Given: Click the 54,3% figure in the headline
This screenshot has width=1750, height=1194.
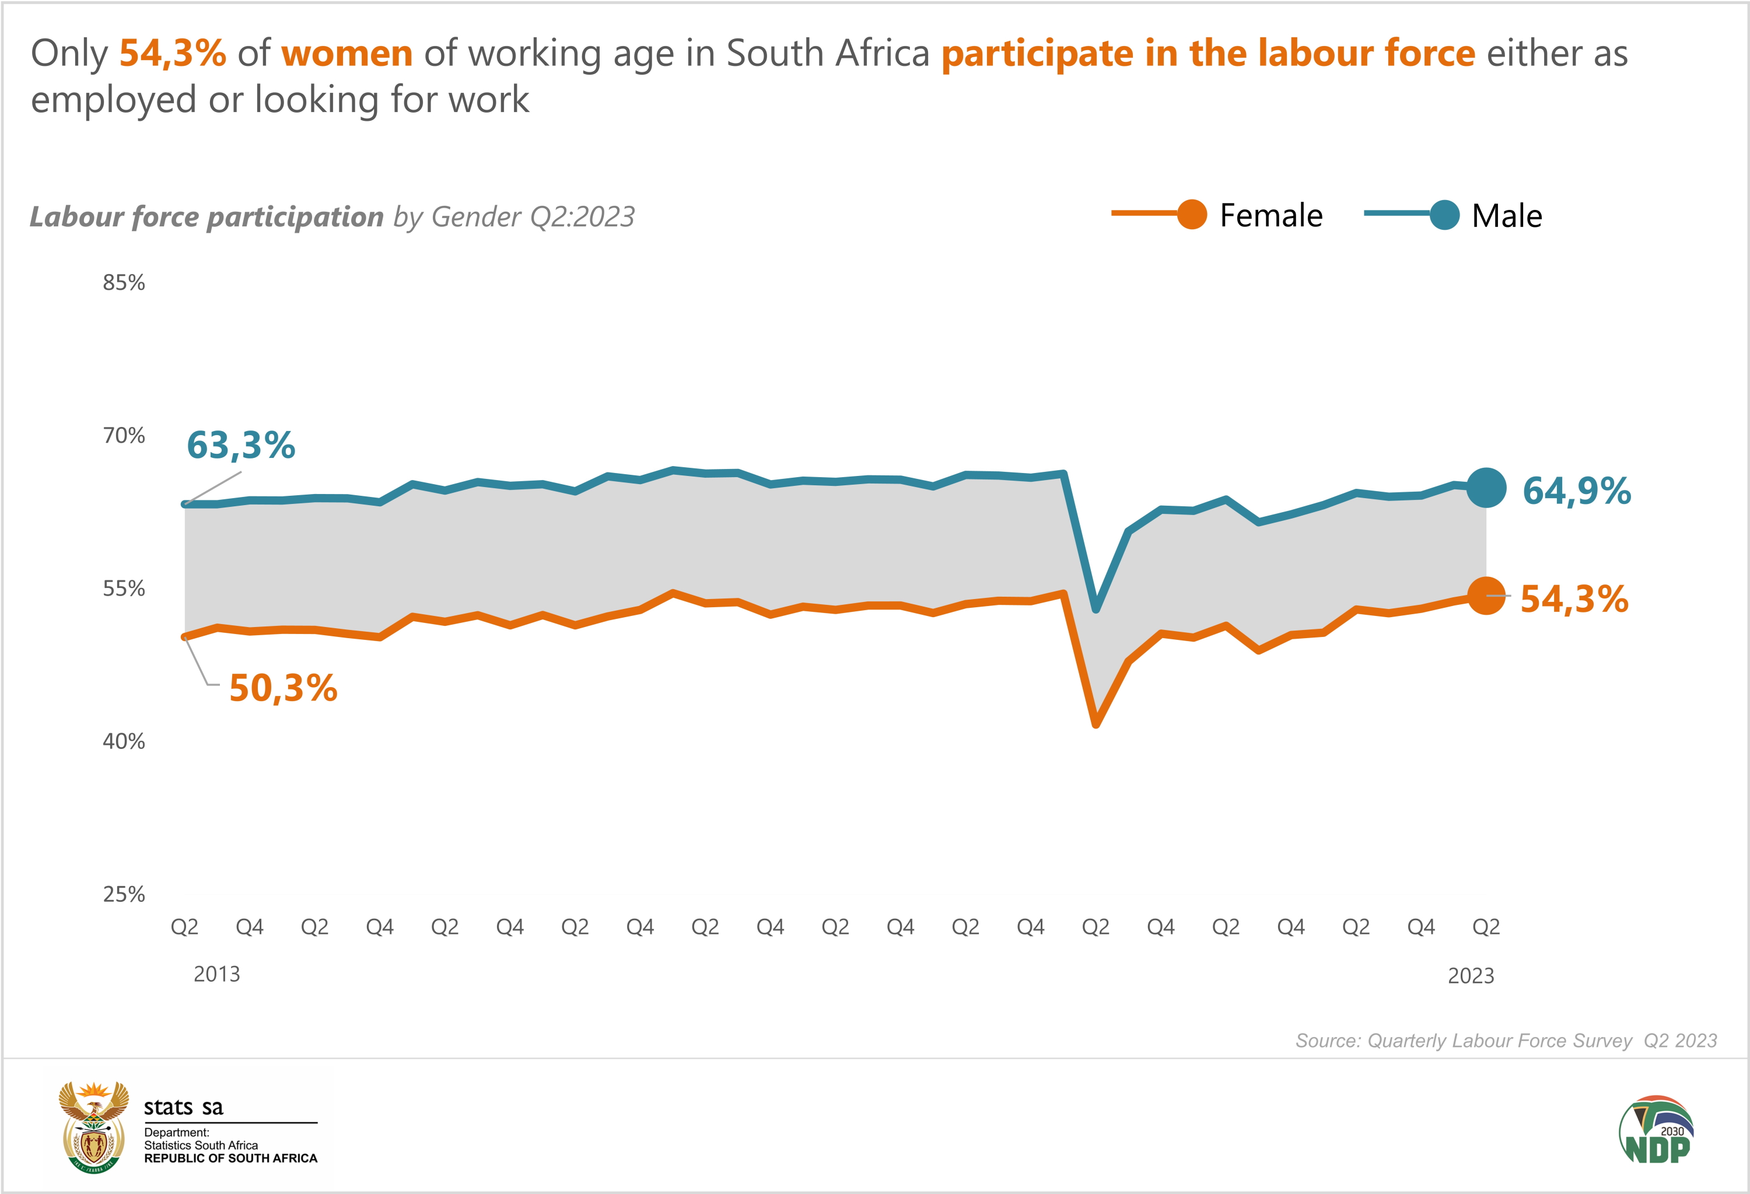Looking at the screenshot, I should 173,54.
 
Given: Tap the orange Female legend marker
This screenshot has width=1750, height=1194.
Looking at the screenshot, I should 1191,215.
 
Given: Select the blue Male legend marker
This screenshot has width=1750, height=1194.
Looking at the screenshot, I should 1444,215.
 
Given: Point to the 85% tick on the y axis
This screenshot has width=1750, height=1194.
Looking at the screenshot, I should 124,282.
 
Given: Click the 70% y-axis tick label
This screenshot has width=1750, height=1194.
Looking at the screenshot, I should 124,435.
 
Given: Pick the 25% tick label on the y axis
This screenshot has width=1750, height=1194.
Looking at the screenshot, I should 124,894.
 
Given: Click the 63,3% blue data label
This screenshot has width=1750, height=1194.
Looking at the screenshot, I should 241,445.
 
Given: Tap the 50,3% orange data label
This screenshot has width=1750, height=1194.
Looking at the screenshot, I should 283,687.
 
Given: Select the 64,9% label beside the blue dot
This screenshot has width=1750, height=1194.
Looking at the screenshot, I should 1576,491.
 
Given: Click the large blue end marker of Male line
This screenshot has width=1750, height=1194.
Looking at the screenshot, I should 1486,487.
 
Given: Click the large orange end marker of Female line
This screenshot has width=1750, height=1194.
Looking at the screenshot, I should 1486,596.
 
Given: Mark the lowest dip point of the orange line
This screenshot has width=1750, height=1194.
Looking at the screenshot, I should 1095,724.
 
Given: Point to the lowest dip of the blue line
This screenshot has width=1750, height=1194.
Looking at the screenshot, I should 1095,609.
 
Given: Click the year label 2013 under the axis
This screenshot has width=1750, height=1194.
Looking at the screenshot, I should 217,974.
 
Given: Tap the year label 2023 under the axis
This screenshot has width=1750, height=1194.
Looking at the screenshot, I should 1471,976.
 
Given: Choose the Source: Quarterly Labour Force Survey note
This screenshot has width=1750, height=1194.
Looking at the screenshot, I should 1505,1041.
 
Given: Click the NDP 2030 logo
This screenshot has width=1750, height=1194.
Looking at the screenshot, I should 1656,1130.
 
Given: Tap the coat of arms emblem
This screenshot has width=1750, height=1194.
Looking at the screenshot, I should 94,1127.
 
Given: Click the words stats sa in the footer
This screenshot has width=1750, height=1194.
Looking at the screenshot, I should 183,1107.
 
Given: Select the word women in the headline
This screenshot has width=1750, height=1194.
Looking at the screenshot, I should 346,54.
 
